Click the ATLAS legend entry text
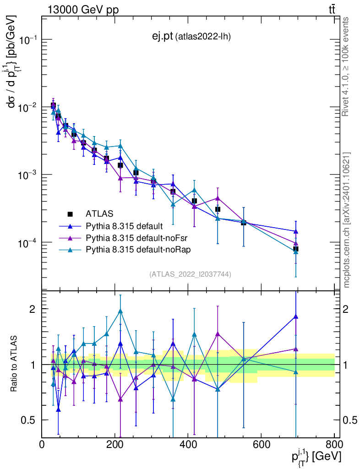click(x=99, y=213)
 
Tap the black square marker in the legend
click(x=70, y=214)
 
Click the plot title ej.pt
click(x=163, y=36)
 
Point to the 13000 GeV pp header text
click(x=82, y=10)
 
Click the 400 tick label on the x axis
click(x=188, y=445)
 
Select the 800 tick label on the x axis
click(x=334, y=445)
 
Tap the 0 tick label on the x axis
click(x=42, y=445)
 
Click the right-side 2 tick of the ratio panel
click(x=349, y=309)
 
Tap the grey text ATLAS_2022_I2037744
click(x=190, y=274)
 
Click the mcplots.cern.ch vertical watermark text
click(x=347, y=220)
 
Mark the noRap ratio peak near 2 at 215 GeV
click(x=120, y=311)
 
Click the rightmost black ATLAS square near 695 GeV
click(x=296, y=249)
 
